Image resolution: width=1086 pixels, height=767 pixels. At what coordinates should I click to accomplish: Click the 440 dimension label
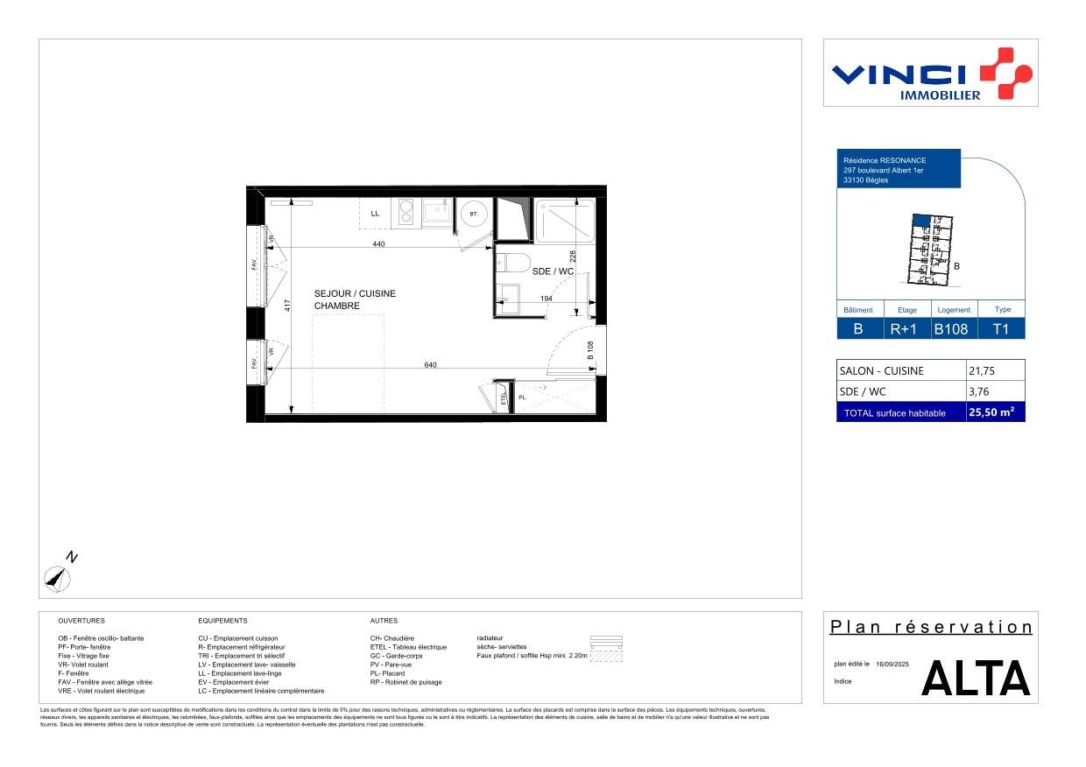tap(378, 244)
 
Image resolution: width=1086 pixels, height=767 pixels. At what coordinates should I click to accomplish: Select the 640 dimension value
tap(430, 365)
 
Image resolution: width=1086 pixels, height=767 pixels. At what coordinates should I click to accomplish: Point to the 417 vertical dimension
tap(286, 306)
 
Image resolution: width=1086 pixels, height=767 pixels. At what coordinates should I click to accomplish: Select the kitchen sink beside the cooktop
tap(435, 211)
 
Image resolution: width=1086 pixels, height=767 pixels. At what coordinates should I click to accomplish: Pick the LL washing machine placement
tap(375, 213)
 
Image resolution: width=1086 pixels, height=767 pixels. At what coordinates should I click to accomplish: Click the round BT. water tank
tap(474, 214)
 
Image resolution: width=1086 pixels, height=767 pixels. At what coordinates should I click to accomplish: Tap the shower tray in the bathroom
tap(565, 220)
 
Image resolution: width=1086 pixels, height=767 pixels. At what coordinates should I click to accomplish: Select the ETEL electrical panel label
tap(504, 398)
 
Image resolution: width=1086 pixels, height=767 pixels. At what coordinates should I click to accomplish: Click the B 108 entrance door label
tap(590, 351)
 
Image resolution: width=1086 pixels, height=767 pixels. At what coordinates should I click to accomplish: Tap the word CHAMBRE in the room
tap(336, 306)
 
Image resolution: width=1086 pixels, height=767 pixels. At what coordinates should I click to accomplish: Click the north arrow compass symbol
tap(58, 576)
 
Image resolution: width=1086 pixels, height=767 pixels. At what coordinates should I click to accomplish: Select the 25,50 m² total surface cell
tap(995, 412)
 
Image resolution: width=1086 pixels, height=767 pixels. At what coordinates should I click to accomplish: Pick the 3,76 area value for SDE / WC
tap(979, 391)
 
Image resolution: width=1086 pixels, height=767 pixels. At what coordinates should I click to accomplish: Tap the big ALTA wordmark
tap(976, 679)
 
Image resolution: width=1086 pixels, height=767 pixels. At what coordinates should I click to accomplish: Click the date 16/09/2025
tap(892, 665)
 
